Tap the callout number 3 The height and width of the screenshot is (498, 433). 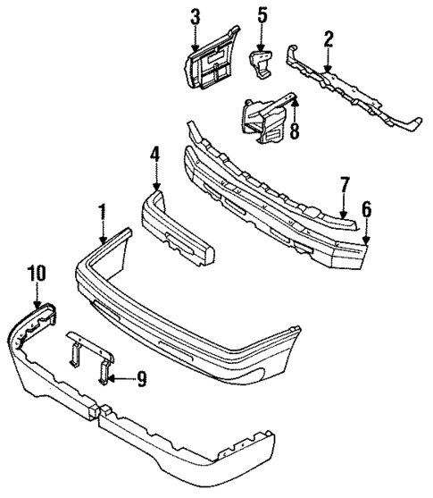(x=196, y=15)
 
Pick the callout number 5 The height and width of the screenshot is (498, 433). (x=262, y=15)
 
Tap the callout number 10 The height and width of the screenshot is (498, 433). (x=36, y=273)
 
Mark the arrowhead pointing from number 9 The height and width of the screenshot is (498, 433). (x=114, y=378)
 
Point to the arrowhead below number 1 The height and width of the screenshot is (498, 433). (x=104, y=241)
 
